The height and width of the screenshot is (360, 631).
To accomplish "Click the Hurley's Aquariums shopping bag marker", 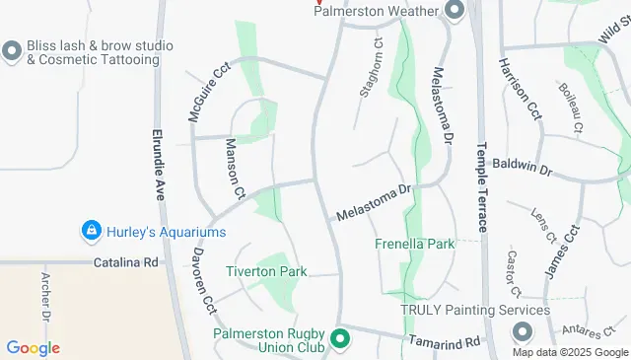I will pyautogui.click(x=91, y=230).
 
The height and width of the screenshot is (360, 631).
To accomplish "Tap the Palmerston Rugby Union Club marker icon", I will pyautogui.click(x=341, y=339).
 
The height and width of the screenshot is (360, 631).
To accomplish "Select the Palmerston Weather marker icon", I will pyautogui.click(x=455, y=11).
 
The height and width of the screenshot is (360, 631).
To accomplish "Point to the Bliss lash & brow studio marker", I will pyautogui.click(x=12, y=50).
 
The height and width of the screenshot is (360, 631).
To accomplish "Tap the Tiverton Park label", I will pyautogui.click(x=266, y=271).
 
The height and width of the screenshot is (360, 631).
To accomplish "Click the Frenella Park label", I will pyautogui.click(x=414, y=243).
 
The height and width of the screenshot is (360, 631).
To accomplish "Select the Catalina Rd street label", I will pyautogui.click(x=126, y=263).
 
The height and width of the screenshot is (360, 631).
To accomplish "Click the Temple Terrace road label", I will pyautogui.click(x=482, y=188).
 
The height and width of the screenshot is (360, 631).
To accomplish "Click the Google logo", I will pyautogui.click(x=33, y=347).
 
